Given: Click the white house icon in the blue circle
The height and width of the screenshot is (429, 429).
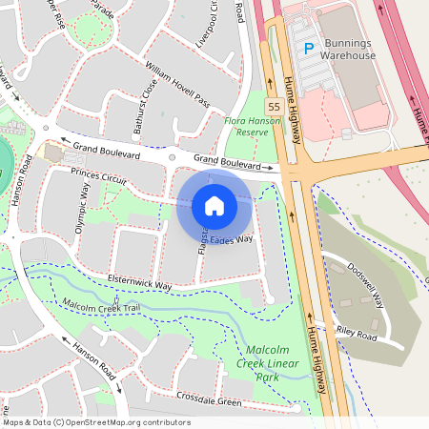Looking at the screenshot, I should pos(214,206).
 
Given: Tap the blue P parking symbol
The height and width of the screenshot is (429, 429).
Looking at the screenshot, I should pos(308,48).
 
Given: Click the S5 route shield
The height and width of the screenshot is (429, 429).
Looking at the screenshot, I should pos(274,106).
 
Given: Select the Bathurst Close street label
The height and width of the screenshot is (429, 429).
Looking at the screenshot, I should pos(145,111).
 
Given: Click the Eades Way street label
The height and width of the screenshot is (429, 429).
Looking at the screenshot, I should pos(233,239).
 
